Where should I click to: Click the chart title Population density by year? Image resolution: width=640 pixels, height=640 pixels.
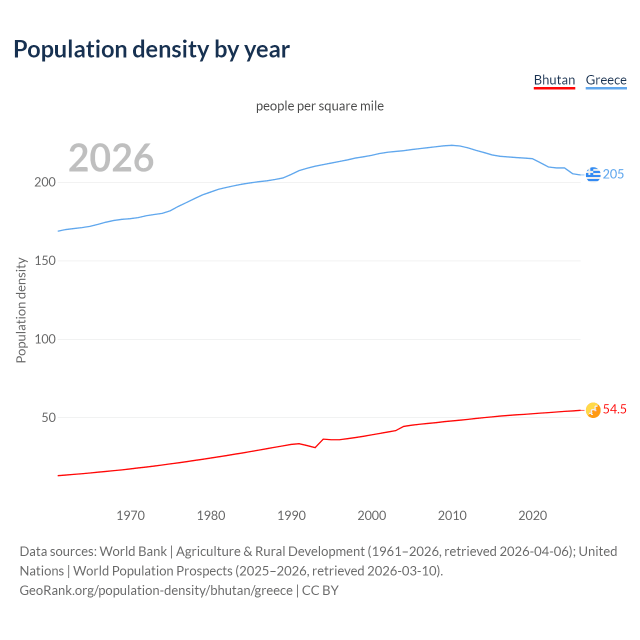(151, 49)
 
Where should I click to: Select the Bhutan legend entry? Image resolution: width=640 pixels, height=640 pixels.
(554, 80)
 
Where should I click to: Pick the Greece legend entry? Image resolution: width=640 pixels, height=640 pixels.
(606, 80)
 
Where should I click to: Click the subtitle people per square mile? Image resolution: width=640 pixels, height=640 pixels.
(319, 106)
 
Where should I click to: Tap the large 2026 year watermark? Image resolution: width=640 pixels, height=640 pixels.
(111, 158)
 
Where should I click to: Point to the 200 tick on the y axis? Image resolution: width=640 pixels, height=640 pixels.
(44, 182)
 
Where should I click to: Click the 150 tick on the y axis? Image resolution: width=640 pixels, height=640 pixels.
(44, 261)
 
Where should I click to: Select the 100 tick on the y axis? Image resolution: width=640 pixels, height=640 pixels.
(44, 339)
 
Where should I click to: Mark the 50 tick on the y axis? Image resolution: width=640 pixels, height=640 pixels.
(48, 417)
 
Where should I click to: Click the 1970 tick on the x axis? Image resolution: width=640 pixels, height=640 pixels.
(130, 515)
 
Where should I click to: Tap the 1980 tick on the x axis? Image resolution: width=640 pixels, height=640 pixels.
(211, 515)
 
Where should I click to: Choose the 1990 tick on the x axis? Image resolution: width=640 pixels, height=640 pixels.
(291, 515)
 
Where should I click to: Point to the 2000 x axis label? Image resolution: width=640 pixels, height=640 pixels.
(371, 515)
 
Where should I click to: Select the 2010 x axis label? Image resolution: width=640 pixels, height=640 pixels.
(452, 515)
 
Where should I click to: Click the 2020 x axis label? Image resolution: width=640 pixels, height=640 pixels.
(532, 515)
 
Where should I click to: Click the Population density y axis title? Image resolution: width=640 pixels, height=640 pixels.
(21, 310)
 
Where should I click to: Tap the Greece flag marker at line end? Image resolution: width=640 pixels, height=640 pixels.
(593, 174)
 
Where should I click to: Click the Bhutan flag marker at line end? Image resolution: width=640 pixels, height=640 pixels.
(593, 410)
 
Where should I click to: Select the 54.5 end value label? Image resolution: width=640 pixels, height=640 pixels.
(614, 409)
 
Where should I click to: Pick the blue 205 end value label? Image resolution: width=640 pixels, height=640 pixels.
(613, 174)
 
